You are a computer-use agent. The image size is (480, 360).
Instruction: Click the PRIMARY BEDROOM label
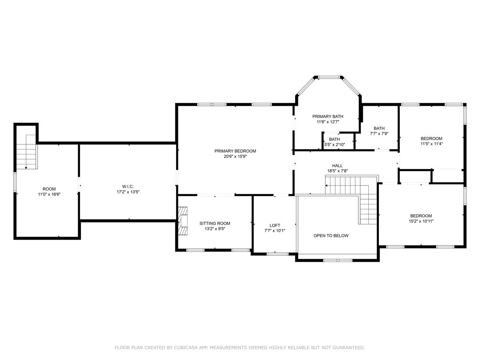click(x=235, y=151)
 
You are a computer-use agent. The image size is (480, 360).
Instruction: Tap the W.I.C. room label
click(x=128, y=186)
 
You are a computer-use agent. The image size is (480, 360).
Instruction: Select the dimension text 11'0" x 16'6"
click(x=49, y=194)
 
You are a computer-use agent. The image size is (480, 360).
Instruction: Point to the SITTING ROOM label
click(x=215, y=223)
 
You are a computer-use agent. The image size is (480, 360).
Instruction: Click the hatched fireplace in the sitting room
click(x=183, y=221)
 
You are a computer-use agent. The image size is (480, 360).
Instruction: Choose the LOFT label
click(x=275, y=225)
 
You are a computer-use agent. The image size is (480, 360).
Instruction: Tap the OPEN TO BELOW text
click(x=331, y=236)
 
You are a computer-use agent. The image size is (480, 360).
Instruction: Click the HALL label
click(x=338, y=166)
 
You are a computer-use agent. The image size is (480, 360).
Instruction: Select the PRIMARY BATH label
click(x=328, y=116)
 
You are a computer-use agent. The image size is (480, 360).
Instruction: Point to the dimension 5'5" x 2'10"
click(x=334, y=144)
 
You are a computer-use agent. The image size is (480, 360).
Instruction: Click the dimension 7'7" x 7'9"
click(x=379, y=134)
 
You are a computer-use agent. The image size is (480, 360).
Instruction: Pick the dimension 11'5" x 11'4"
click(x=432, y=144)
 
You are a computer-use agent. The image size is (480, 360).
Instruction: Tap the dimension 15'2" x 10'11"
click(x=421, y=221)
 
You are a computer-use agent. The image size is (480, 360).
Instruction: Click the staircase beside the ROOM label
click(x=26, y=152)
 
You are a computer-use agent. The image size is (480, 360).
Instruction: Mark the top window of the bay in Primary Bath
click(x=329, y=77)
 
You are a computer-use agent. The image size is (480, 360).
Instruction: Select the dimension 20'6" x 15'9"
click(x=235, y=156)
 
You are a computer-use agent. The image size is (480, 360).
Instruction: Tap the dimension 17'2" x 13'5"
click(x=128, y=192)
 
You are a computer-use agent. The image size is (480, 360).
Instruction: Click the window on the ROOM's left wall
click(x=15, y=182)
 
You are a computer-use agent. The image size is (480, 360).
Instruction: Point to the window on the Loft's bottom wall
click(x=278, y=254)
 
